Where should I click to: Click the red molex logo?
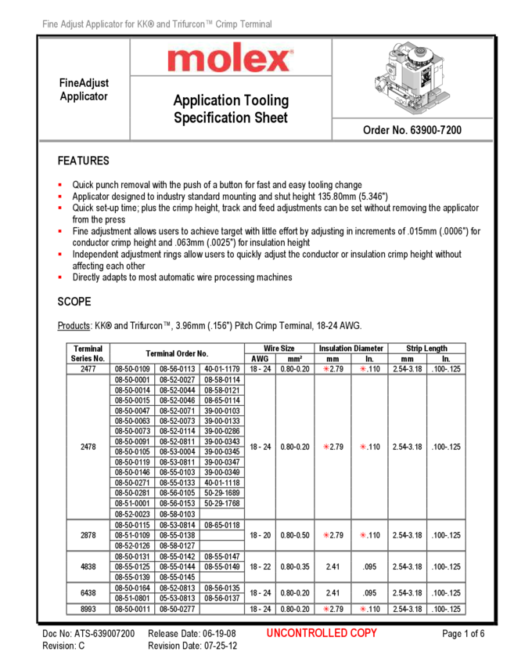click(x=230, y=59)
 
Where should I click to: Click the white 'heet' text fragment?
click(x=275, y=118)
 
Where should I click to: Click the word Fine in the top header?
click(x=50, y=26)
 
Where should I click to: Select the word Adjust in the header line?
click(x=74, y=26)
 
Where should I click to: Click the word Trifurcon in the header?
click(x=186, y=26)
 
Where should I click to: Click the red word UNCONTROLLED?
click(x=307, y=633)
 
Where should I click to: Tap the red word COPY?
click(x=364, y=633)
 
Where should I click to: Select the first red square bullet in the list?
click(x=59, y=185)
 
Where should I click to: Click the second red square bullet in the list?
click(x=59, y=196)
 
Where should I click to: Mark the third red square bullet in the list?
click(x=59, y=208)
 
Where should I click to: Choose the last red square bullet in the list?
click(x=59, y=277)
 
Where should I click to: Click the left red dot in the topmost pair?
click(x=326, y=368)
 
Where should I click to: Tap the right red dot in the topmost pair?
click(x=363, y=368)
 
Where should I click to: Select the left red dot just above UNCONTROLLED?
click(x=326, y=609)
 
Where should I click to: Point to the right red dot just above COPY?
click(x=363, y=609)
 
